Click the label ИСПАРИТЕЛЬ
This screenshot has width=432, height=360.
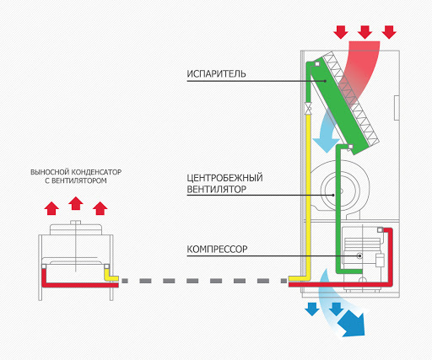pyautogui.click(x=217, y=73)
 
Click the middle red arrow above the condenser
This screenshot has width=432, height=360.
pyautogui.click(x=76, y=202)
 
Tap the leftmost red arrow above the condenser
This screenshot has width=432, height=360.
pyautogui.click(x=51, y=207)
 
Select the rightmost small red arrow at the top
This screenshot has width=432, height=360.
pyautogui.click(x=389, y=32)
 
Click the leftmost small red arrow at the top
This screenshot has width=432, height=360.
pyautogui.click(x=341, y=32)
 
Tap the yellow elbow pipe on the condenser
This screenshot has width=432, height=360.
pyautogui.click(x=109, y=274)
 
